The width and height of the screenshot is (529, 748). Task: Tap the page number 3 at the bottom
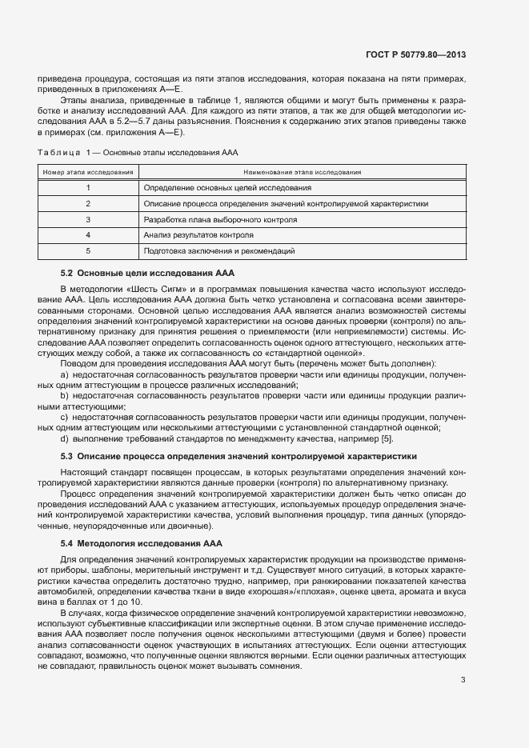coord(463,680)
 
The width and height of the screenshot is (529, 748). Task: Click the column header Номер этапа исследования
coord(88,171)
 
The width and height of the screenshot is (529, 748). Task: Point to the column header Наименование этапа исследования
coord(303,171)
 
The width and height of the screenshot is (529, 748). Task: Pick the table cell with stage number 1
coord(88,187)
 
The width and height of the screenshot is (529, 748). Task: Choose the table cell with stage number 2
coord(88,203)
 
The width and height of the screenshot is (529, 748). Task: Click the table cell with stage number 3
coord(88,219)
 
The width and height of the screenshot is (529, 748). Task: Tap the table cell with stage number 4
coord(88,235)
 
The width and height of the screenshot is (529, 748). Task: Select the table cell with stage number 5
coord(88,251)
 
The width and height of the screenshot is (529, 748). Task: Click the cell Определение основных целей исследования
coord(227,187)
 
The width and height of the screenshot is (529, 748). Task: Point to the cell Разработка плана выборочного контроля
coord(220,219)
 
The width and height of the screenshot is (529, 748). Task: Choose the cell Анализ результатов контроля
coord(198,235)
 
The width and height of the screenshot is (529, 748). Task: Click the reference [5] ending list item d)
coord(387,439)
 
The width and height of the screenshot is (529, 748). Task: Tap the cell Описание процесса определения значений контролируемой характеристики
coord(286,203)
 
